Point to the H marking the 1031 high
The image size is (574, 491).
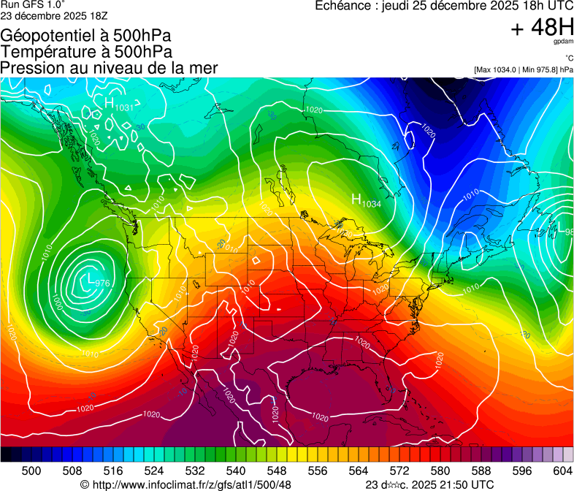click(110, 104)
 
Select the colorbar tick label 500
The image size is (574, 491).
click(31, 470)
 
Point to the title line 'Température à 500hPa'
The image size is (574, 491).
click(86, 52)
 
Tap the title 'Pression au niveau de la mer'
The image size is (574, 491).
click(109, 68)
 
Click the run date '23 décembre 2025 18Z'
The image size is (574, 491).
click(55, 15)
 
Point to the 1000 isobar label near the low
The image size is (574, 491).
click(57, 300)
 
